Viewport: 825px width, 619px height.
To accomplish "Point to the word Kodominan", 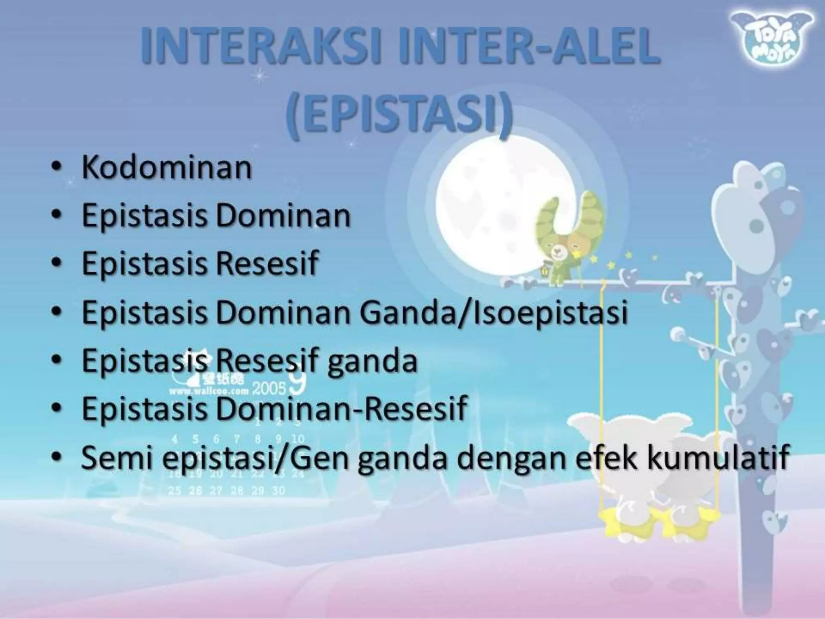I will tap(167, 168).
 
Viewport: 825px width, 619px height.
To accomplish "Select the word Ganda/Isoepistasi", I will tap(494, 312).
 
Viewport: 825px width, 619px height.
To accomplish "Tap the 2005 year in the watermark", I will tap(269, 388).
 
